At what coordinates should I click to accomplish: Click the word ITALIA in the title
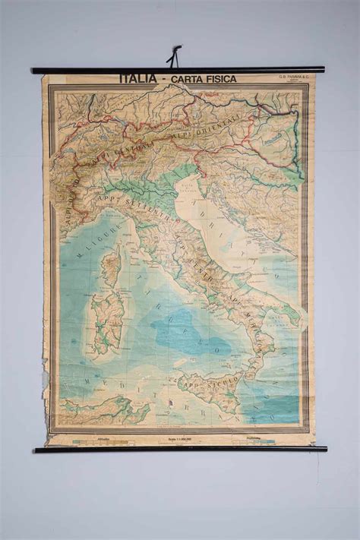point(139,78)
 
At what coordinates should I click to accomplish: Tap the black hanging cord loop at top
point(175,56)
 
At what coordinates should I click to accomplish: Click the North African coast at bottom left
point(99,411)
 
